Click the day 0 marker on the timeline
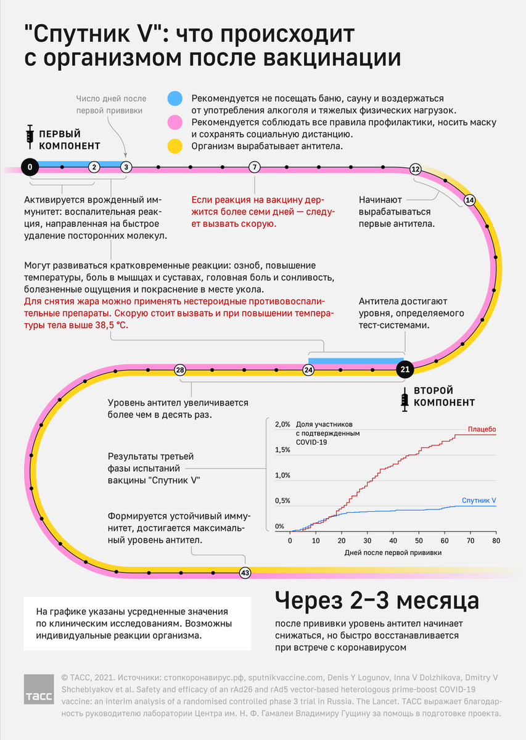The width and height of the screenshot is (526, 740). [30, 166]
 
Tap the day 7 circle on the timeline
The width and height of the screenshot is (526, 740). [255, 166]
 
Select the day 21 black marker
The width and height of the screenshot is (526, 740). [405, 369]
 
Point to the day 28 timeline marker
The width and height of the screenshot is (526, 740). [180, 369]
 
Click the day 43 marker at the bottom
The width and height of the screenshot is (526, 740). [245, 573]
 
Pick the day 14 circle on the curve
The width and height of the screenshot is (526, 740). [469, 200]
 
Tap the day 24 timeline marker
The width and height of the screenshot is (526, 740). [308, 369]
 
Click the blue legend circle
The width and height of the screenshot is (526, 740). [176, 99]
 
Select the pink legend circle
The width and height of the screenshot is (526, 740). [176, 122]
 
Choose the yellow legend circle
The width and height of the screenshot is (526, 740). [176, 146]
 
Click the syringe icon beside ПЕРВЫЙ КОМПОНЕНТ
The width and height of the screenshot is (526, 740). [30, 135]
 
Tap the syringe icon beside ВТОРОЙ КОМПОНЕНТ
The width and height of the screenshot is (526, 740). [405, 400]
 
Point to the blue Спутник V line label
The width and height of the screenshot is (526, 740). [479, 501]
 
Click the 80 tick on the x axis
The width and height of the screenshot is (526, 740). [496, 541]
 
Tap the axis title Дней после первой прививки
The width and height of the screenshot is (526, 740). [393, 553]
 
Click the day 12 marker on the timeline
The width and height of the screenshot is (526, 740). [415, 168]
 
